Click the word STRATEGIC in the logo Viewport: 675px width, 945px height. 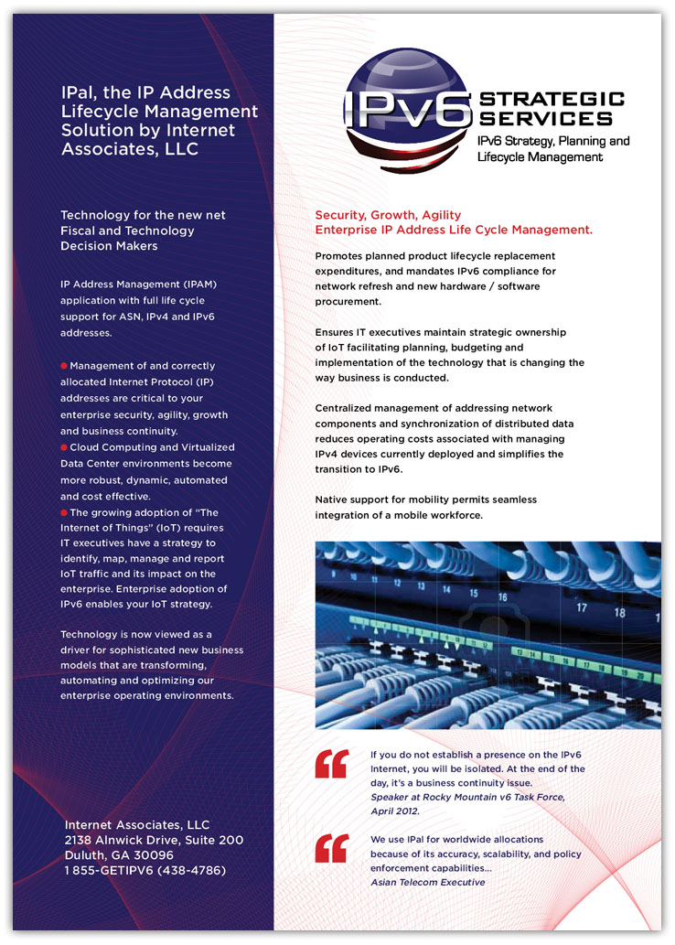pos(552,100)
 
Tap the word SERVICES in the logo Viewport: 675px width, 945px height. pos(546,119)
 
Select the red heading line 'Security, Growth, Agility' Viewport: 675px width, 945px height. pos(388,215)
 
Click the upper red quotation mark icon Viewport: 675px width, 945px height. pos(332,765)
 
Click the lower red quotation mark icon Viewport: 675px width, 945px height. pos(332,848)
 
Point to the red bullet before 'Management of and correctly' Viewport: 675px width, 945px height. pos(64,365)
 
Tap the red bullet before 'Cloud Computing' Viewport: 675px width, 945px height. pos(64,447)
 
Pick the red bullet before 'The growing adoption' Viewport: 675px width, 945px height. pos(64,512)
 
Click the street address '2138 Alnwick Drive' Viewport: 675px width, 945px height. pos(122,840)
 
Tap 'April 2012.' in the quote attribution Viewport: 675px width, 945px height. pos(394,811)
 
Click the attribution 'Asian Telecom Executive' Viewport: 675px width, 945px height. pos(427,882)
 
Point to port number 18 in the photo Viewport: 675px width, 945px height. pos(619,613)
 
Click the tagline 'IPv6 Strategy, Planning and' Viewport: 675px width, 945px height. pos(553,141)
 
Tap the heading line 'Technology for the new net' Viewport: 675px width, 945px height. pos(143,215)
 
